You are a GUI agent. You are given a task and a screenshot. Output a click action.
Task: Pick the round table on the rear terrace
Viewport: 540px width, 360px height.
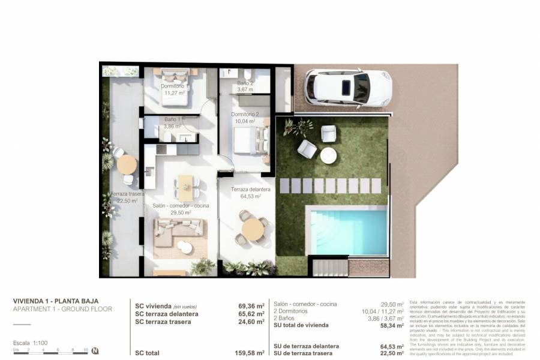point(127,164)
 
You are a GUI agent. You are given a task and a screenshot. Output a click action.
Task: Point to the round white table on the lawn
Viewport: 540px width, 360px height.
point(328,155)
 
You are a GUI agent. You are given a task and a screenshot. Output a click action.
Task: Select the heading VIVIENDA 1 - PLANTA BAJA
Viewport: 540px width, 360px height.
point(55,301)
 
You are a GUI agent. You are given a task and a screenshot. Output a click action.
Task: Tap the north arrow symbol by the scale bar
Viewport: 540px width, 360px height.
point(95,351)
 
